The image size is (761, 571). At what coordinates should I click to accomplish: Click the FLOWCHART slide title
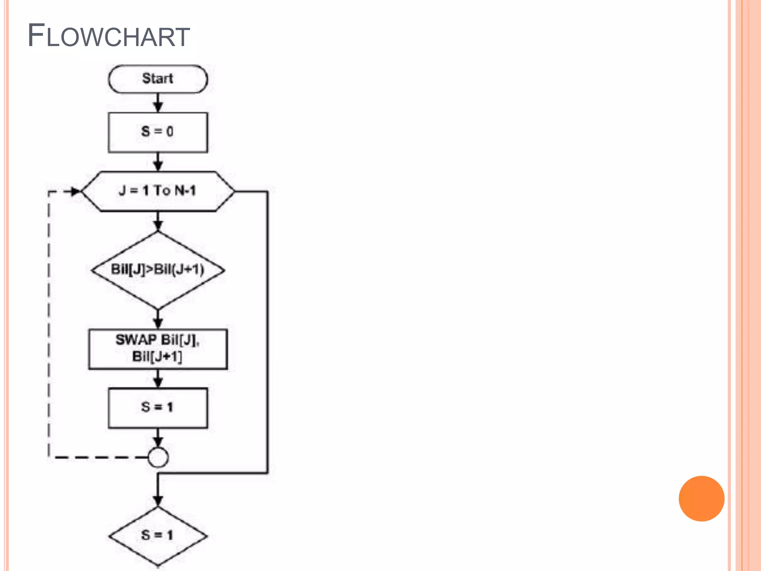[109, 36]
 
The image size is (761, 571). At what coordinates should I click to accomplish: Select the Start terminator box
[158, 79]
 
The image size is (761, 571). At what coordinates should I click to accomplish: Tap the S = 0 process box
[158, 132]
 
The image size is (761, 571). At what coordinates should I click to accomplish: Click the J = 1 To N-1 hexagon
[158, 191]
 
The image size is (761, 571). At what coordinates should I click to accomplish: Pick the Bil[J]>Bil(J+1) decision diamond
[158, 270]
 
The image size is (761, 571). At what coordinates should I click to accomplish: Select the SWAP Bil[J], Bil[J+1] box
[158, 349]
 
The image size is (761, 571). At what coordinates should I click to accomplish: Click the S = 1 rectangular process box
[158, 408]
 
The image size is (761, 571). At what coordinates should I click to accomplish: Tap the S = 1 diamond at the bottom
[158, 536]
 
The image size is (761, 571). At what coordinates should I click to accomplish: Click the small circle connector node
[158, 457]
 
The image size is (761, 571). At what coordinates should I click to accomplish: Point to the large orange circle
[701, 499]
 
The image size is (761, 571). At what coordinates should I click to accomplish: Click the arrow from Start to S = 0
[158, 103]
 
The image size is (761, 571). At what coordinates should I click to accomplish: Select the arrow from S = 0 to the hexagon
[158, 162]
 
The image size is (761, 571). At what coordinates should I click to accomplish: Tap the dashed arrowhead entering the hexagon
[75, 191]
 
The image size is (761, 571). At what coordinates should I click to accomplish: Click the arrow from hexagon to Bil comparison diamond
[158, 222]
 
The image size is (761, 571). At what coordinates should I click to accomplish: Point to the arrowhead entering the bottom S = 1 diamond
[158, 500]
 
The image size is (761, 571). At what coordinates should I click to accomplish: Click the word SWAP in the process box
[136, 339]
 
